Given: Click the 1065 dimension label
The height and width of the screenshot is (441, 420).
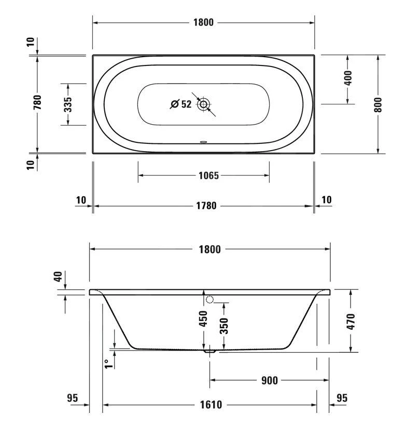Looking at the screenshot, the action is [x=208, y=176].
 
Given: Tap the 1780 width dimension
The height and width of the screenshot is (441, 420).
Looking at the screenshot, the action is [x=206, y=206].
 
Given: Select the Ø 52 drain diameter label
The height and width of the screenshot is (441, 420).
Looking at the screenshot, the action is [x=181, y=104].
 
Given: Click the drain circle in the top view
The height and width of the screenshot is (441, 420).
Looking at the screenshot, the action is [x=204, y=104].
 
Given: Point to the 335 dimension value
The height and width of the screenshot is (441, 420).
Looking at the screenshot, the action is [x=68, y=104].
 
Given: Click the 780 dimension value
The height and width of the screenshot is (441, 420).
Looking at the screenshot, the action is [x=37, y=102].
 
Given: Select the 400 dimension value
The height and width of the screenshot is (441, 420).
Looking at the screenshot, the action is [x=348, y=78].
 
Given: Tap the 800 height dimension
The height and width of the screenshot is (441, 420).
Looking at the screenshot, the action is [x=378, y=104].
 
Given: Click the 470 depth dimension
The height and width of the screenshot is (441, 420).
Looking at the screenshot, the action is [x=351, y=322].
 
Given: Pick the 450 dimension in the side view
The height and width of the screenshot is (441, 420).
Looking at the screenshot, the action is [x=203, y=318].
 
